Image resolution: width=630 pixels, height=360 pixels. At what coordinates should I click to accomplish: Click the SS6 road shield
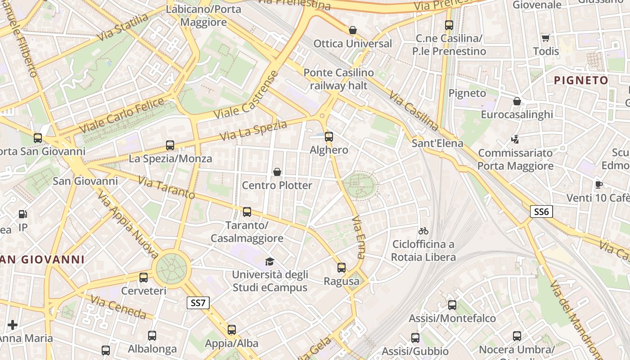[541, 211]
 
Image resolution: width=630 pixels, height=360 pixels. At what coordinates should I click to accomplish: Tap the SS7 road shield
[198, 303]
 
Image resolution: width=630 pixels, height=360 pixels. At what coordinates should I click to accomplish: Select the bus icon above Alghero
[329, 137]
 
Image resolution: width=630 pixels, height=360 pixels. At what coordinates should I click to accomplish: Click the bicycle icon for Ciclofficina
[423, 231]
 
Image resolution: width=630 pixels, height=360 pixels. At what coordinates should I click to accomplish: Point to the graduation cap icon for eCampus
[270, 261]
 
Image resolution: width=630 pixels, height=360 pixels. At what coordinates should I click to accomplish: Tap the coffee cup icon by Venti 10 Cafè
[598, 184]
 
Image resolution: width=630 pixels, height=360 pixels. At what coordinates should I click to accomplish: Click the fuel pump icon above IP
[23, 214]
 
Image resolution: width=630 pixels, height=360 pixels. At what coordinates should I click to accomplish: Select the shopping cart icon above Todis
[546, 38]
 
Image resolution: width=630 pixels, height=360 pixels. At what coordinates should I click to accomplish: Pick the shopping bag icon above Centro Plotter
[277, 172]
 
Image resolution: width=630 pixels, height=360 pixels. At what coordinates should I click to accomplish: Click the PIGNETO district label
[581, 81]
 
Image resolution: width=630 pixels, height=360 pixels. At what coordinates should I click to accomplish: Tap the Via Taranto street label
[166, 188]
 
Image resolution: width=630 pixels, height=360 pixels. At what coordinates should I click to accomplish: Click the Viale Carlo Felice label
[122, 115]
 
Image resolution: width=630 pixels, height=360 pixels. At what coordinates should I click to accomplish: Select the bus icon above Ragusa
[342, 268]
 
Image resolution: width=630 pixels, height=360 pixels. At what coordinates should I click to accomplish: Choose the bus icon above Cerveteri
[144, 278]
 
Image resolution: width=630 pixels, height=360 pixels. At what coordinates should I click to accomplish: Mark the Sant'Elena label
[437, 144]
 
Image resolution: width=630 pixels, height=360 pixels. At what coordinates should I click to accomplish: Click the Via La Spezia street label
[253, 130]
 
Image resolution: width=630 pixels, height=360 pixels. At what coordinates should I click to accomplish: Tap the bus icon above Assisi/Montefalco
[452, 305]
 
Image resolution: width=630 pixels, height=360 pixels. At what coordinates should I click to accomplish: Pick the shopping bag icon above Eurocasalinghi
[517, 101]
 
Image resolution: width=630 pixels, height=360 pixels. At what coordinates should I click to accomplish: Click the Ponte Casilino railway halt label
[338, 79]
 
